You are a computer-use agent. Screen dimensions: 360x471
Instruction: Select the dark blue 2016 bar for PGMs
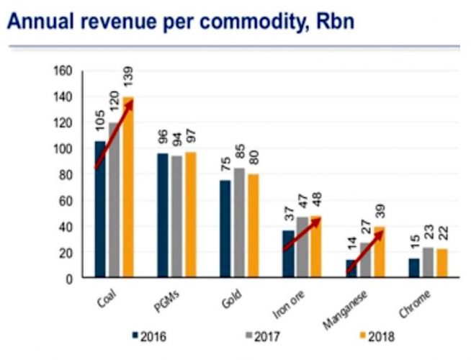(163, 215)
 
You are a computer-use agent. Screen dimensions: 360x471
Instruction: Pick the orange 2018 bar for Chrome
(442, 264)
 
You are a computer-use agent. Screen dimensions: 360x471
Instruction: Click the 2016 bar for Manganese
(350, 269)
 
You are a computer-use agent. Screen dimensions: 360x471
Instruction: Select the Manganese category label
(346, 306)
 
